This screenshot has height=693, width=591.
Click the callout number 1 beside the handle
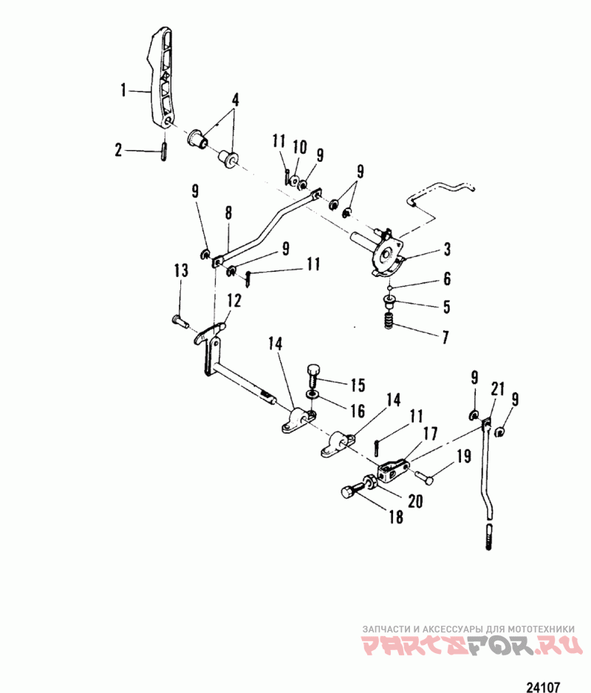point(125,91)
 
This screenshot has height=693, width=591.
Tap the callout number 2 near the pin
point(119,151)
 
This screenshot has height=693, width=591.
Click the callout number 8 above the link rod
point(228,213)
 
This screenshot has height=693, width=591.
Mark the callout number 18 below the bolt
point(397,517)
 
